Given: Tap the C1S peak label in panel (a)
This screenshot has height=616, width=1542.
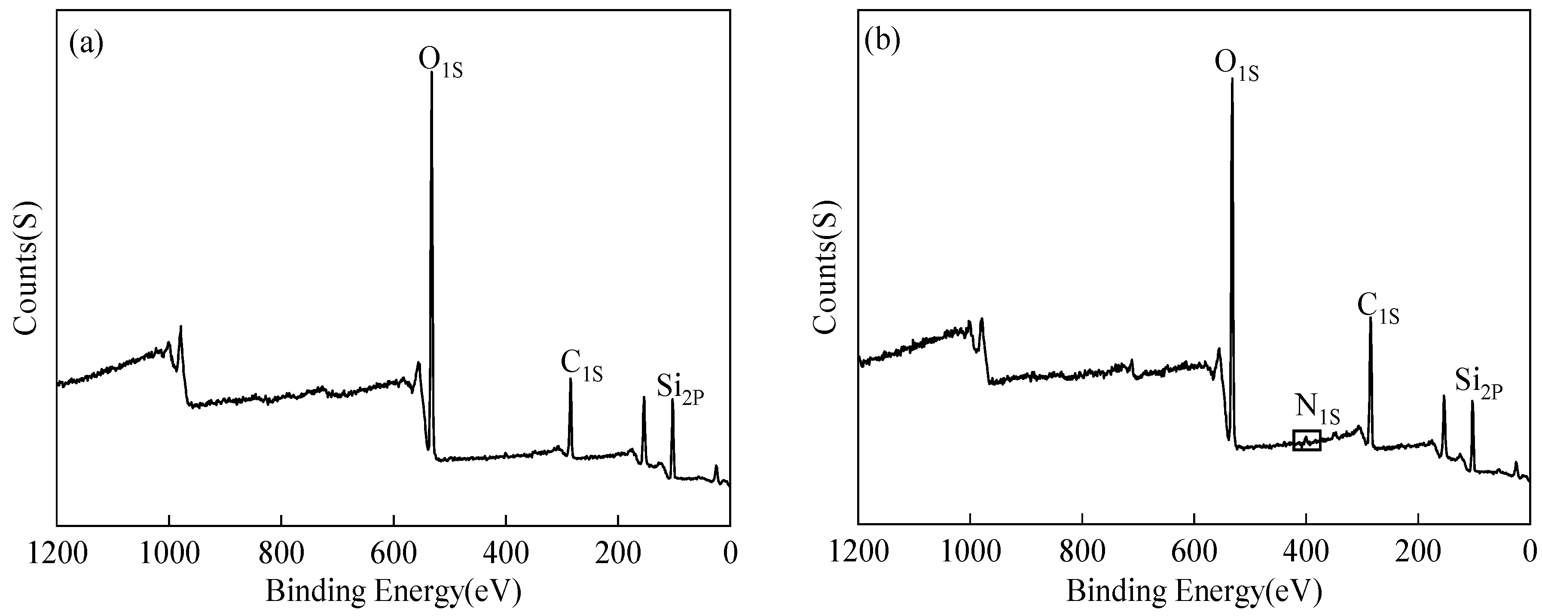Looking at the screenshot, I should (x=580, y=366).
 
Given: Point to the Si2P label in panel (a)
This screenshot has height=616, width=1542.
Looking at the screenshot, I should (x=679, y=389).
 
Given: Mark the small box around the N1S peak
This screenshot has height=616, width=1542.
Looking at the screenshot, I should (x=1307, y=440).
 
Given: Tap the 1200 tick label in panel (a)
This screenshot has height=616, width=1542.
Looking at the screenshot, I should (x=58, y=552).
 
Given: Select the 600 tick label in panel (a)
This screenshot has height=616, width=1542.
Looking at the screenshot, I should (x=393, y=552).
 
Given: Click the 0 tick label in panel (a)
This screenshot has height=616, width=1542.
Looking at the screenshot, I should (x=730, y=552).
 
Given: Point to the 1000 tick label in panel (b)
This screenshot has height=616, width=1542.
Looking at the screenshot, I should (x=970, y=552).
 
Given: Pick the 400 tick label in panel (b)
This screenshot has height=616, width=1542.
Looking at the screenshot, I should (x=1306, y=552).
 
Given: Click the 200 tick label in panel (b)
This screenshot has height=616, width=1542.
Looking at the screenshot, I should (x=1418, y=552).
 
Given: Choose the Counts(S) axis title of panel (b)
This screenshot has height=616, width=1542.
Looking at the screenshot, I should (x=827, y=268).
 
